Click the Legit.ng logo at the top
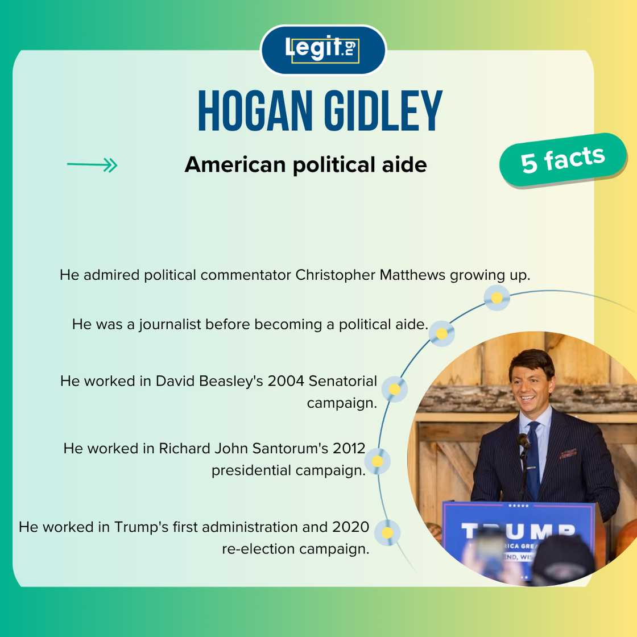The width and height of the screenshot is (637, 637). point(323,49)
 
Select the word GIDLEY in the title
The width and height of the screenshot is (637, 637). point(383,111)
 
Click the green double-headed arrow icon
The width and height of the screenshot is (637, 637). point(92,165)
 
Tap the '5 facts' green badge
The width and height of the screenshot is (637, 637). point(563,160)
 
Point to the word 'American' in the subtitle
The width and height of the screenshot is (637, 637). point(235,165)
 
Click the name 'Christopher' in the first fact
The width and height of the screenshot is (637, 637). point(335,275)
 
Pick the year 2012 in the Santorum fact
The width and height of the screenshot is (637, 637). point(349,449)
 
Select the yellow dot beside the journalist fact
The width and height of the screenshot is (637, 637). point(441,333)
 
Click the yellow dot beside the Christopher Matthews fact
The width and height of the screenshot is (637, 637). point(497,298)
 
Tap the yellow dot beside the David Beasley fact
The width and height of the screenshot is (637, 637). point(395,389)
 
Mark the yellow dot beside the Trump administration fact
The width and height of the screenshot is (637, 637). point(387,532)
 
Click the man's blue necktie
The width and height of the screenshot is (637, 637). point(532,459)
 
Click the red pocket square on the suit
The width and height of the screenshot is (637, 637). point(568,453)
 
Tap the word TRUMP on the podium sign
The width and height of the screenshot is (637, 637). point(518,531)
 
